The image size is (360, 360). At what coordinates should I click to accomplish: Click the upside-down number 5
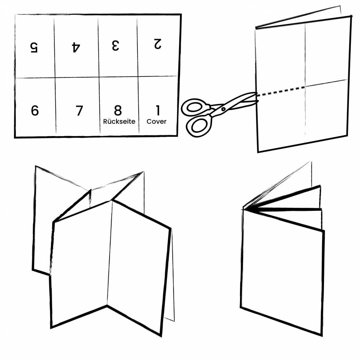coord(34,47)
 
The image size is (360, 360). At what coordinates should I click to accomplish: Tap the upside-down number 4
coord(76,47)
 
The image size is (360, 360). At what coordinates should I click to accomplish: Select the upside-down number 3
coord(115,45)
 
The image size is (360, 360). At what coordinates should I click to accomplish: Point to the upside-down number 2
coord(158,44)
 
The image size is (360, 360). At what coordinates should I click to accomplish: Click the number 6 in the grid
coord(35,110)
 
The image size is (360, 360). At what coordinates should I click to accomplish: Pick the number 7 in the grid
coord(79,111)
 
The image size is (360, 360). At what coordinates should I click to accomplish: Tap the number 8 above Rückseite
coord(118,110)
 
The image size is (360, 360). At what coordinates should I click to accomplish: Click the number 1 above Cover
coord(158,110)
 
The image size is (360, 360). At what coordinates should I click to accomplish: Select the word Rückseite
coord(119,121)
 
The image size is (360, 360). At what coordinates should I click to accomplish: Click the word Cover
coord(156,121)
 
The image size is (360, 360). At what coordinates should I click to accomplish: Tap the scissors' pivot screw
coord(223,109)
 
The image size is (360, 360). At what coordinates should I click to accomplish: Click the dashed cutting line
coord(280,91)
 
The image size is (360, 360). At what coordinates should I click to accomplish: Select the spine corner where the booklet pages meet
coord(244,209)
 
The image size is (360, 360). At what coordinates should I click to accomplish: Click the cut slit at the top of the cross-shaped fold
coord(90,197)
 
